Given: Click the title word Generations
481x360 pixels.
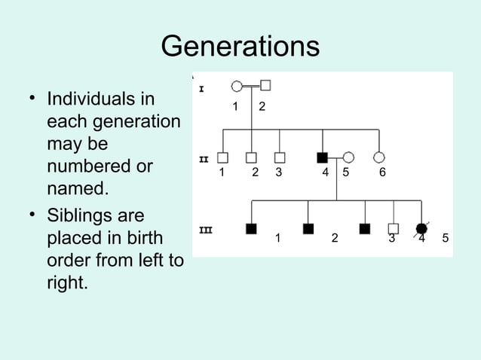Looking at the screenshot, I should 240,47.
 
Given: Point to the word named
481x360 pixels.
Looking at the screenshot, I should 77,187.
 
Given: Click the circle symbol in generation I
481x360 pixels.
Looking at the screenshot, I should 237,86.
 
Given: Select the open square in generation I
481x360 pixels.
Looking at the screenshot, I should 265,86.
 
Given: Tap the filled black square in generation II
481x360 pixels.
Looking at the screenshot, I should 323,157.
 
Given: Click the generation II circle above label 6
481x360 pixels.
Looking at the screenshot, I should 379,157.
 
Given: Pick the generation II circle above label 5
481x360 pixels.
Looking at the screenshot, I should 348,157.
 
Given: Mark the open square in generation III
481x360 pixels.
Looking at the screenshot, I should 393,228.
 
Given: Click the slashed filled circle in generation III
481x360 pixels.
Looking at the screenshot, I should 421,228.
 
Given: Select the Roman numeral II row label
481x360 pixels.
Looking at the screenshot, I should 203,160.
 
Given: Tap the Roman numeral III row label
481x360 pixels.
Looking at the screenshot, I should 204,230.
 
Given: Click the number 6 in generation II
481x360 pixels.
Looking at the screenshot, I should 382,172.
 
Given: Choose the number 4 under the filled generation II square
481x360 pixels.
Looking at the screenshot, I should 325,172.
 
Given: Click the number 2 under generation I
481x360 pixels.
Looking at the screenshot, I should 262,106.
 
